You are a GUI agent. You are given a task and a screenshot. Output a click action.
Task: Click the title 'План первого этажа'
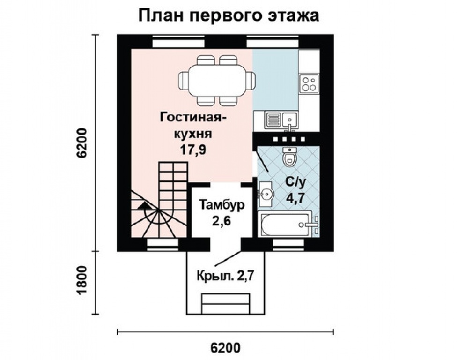pyautogui.click(x=229, y=15)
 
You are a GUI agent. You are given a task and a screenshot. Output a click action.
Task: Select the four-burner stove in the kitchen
pyautogui.click(x=309, y=83)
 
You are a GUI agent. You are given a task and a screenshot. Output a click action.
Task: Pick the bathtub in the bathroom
pyautogui.click(x=285, y=225)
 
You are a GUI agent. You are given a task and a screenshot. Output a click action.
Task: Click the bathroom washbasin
pyautogui.click(x=266, y=193)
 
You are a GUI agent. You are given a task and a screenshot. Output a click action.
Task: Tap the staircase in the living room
pyautogui.click(x=162, y=202)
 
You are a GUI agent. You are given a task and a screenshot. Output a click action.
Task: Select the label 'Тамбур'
pyautogui.click(x=222, y=205)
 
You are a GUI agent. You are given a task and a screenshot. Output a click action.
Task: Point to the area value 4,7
pyautogui.click(x=295, y=197)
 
